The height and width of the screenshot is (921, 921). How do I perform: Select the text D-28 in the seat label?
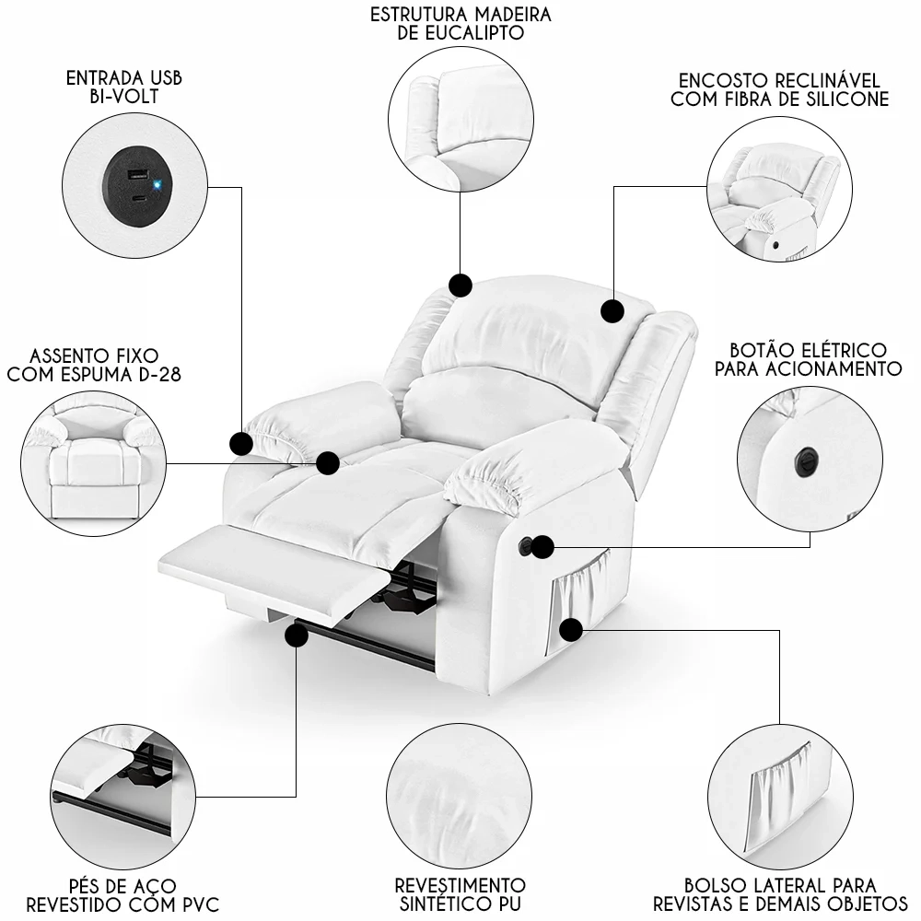pos(157,374)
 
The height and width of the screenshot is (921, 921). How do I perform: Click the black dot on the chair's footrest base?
pos(297,635)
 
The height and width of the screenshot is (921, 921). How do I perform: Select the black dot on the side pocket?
pos(572,630)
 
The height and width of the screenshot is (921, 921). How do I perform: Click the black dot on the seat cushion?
pos(328,462)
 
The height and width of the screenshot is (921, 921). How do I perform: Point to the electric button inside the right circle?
pos(809,455)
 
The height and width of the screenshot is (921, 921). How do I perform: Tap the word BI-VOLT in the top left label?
pos(124,97)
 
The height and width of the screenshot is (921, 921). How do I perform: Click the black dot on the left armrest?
pos(241,444)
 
